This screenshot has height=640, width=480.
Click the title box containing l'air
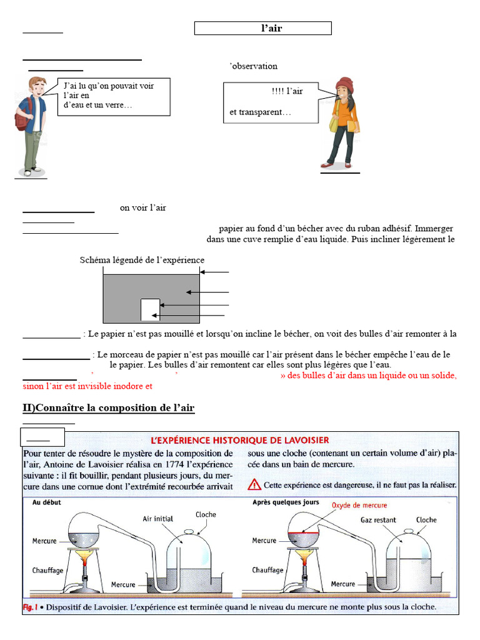(262, 28)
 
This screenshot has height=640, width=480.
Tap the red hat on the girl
(344, 84)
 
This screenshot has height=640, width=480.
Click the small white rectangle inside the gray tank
(150, 309)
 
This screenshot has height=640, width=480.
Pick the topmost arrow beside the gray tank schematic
(215, 272)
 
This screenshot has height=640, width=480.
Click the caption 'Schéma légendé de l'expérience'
(142, 260)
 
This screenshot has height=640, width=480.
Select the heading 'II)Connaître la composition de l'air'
(109, 408)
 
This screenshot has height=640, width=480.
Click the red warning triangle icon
(254, 484)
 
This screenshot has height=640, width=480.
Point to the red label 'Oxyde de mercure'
(359, 505)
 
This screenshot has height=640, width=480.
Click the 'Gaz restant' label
(378, 519)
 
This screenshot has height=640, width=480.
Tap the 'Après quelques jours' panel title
(286, 502)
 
